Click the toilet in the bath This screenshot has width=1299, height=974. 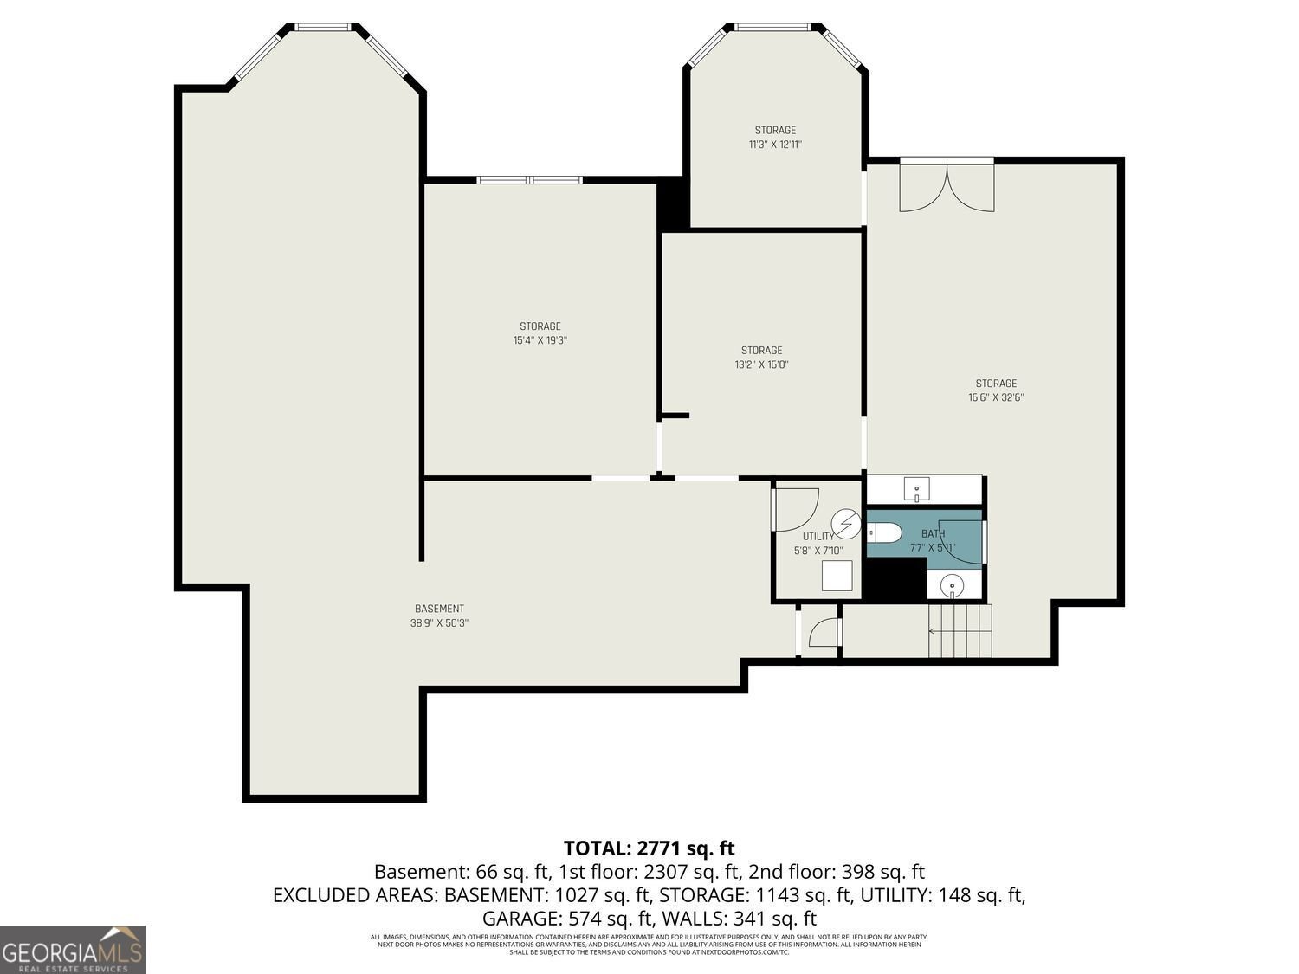point(887,532)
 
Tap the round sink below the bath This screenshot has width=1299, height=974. point(953,586)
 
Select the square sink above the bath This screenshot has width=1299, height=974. point(916,490)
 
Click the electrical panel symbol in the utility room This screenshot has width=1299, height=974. point(845,525)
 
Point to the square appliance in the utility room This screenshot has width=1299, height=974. point(837,576)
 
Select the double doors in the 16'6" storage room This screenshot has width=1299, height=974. point(947,186)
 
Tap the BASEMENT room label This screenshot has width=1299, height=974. point(439,609)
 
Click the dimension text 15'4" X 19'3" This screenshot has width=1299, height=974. point(540,340)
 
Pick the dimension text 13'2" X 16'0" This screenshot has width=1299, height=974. point(761,364)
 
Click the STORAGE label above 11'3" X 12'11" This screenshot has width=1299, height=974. point(775,131)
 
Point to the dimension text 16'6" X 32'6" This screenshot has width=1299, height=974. point(996,397)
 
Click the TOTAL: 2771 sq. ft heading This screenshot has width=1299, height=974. point(649,848)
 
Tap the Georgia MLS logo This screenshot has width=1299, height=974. point(73,950)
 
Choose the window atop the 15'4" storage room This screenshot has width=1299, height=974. point(529,180)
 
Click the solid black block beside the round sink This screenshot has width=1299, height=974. point(896,579)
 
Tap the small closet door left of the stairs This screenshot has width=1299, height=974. point(823,633)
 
